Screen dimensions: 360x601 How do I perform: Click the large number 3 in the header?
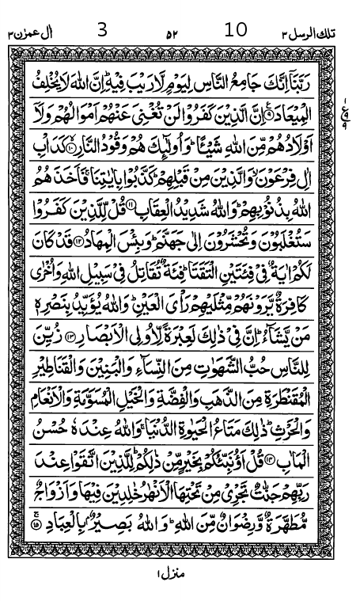pos(100,31)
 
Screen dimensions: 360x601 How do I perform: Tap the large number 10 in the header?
pos(236,31)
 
